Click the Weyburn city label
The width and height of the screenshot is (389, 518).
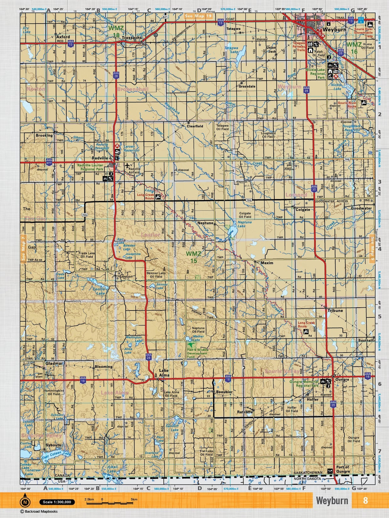pos(334,29)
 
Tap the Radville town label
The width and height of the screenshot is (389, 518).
pos(100,158)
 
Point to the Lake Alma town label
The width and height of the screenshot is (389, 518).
pos(164,373)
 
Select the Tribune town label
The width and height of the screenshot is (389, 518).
pos(335,311)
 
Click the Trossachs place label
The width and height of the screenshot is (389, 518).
pos(131,38)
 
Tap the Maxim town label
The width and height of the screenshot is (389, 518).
pos(267,263)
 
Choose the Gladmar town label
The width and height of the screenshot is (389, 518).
pos(54,364)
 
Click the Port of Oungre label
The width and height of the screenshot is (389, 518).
pos(343,469)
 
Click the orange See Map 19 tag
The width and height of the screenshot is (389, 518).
pos(198,16)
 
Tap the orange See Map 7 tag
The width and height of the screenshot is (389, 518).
pos(23,248)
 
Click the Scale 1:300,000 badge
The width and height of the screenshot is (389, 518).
pos(57,502)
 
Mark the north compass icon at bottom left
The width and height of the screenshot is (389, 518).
pos(25,502)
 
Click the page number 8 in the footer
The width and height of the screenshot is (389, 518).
pos(365,500)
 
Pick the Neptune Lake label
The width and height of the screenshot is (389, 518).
pos(244,224)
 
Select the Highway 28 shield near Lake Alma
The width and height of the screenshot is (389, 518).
pos(149,357)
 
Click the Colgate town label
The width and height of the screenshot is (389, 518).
pos(302,210)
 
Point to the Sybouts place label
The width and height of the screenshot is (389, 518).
pos(53,445)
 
